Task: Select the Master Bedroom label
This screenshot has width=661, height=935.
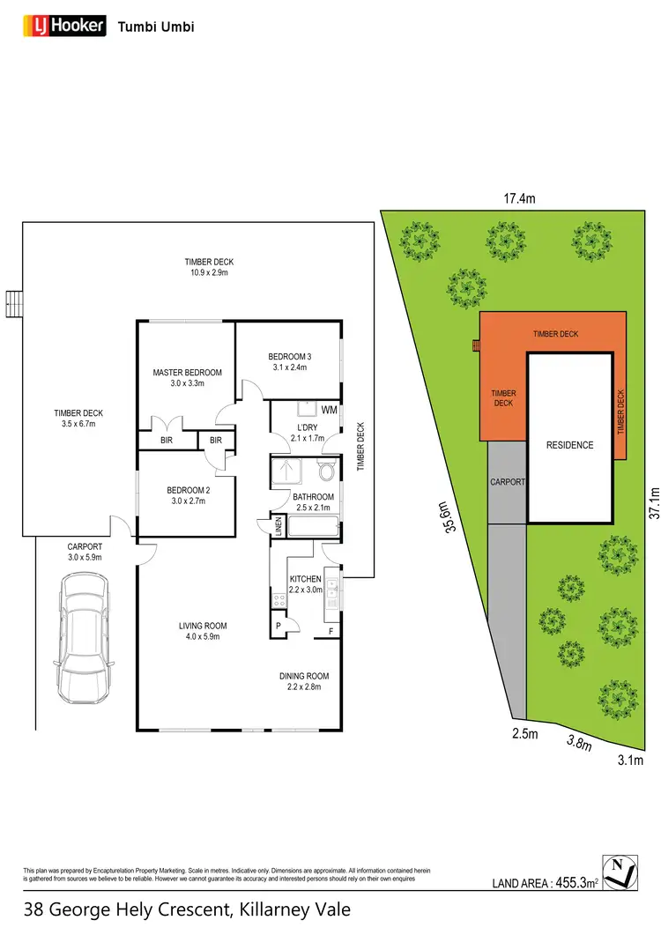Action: [x=187, y=373]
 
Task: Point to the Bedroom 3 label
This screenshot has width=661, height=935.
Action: [x=288, y=357]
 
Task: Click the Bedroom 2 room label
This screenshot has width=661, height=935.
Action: [x=187, y=492]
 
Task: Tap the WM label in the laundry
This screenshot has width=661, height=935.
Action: [x=329, y=410]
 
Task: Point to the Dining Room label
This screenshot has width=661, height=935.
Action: [x=304, y=676]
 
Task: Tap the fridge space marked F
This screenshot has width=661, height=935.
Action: [x=330, y=632]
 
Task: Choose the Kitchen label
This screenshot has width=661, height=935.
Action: [x=306, y=579]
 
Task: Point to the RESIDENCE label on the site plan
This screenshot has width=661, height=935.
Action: [x=569, y=445]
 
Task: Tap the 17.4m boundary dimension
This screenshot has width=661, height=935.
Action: [x=519, y=199]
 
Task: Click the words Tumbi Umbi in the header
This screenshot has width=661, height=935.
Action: [x=156, y=26]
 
